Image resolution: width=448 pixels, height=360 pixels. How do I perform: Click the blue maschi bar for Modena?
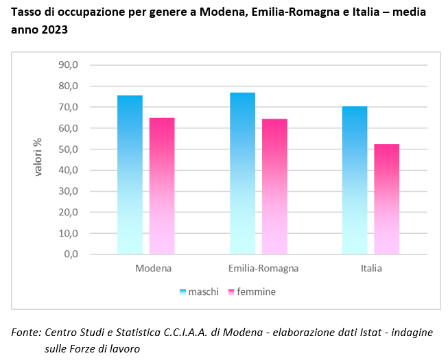coord(130,175)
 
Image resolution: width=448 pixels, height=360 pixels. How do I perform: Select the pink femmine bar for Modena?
coord(162,186)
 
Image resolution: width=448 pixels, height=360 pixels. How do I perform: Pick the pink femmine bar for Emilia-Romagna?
coord(274,187)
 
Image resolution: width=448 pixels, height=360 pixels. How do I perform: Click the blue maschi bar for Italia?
coord(355,180)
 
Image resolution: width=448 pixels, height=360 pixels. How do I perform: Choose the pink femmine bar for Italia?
coord(387,199)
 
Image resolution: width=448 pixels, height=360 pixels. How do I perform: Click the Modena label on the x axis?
coord(153,268)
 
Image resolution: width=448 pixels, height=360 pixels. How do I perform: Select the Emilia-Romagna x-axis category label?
coord(263,268)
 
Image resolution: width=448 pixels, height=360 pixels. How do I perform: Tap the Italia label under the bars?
coord(371,268)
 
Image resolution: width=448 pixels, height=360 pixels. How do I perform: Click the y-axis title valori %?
coord(39,157)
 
